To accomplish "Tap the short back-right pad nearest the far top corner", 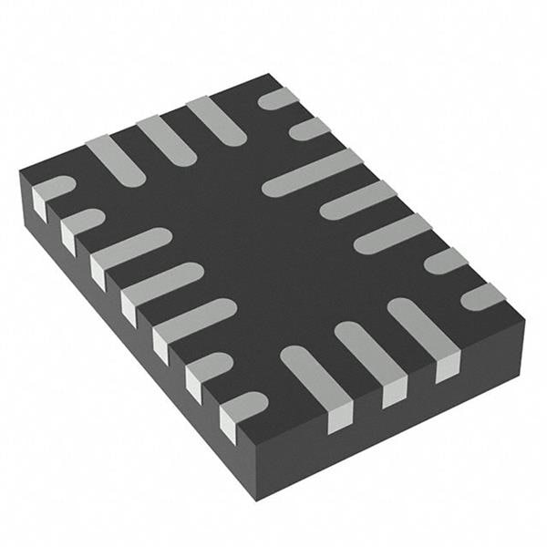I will [x=278, y=98].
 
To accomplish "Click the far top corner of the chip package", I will [x=271, y=75].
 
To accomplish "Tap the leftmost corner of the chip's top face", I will [x=20, y=170].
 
